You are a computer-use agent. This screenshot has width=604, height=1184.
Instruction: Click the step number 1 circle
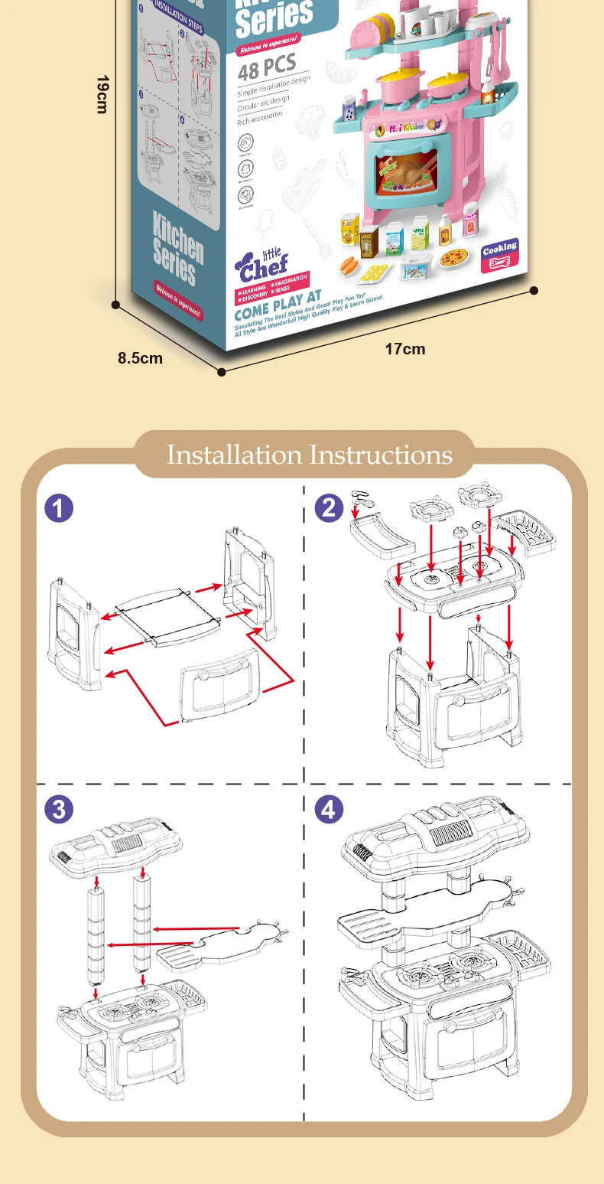click(59, 507)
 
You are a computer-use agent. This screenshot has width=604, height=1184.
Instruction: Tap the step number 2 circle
click(330, 507)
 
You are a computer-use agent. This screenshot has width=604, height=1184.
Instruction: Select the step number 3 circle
click(59, 809)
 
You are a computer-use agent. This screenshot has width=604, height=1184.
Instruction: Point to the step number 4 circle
click(330, 809)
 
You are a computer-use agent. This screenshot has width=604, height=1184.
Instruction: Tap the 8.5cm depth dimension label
click(140, 357)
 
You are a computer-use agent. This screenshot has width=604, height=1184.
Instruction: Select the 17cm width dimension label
click(404, 349)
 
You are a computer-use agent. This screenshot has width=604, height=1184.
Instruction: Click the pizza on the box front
click(453, 257)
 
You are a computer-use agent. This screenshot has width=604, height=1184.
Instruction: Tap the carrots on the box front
click(349, 265)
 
